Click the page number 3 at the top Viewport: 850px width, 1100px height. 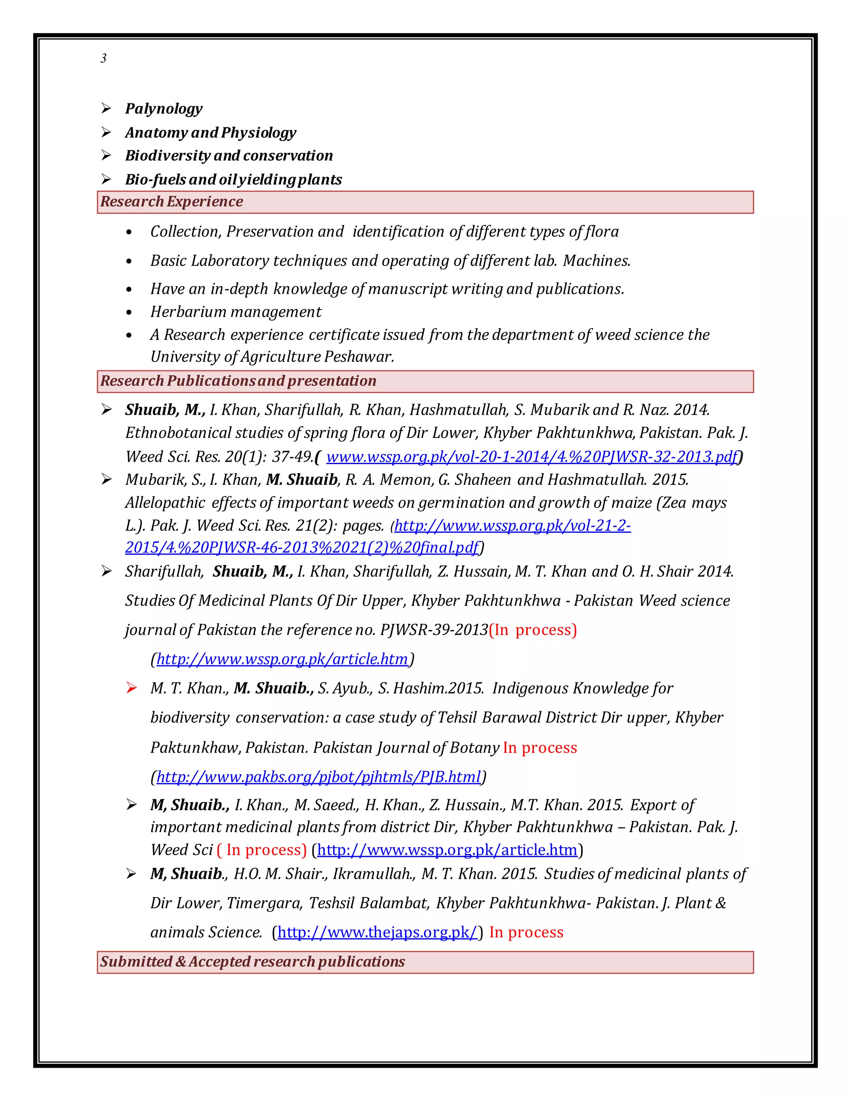click(x=103, y=59)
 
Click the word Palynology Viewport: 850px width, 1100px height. click(x=164, y=109)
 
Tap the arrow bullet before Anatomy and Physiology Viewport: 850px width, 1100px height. click(x=106, y=132)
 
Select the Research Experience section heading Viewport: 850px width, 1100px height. click(x=172, y=201)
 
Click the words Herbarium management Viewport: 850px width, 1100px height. click(x=236, y=312)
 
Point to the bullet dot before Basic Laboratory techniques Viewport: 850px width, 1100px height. click(x=129, y=262)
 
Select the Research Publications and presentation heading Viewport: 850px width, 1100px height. click(x=238, y=381)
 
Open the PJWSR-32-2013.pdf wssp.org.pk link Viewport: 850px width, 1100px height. click(x=532, y=457)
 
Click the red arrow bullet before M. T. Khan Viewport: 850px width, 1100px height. click(x=132, y=688)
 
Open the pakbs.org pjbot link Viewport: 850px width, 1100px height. click(x=318, y=777)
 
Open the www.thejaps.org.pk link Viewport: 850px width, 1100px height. click(x=377, y=932)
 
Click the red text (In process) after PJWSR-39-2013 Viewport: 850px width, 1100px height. click(x=533, y=630)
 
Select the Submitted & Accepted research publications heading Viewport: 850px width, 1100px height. click(x=252, y=962)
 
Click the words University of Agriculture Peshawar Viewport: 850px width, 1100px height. click(x=272, y=357)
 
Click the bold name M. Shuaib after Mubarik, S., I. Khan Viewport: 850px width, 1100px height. click(x=302, y=479)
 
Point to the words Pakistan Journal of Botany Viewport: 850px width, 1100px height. click(x=406, y=748)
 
